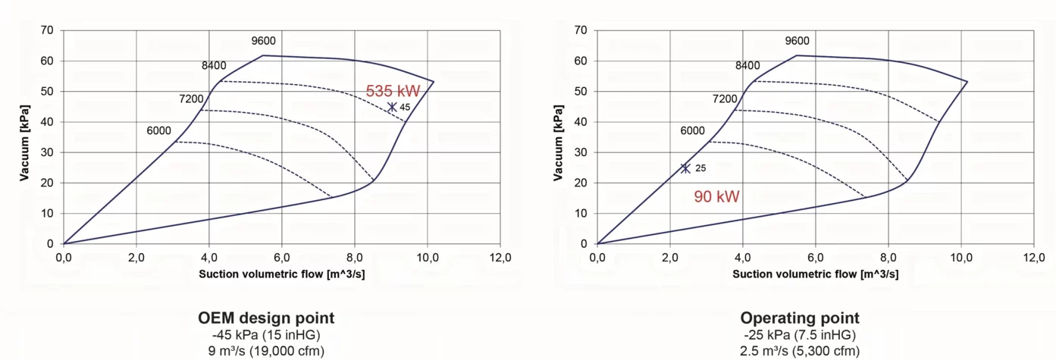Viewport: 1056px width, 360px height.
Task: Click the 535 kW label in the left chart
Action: click(x=393, y=91)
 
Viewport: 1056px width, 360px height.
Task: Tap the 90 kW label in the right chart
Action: click(x=716, y=196)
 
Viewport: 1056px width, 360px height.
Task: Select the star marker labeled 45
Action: click(x=392, y=107)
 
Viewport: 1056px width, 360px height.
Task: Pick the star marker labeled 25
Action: click(x=685, y=168)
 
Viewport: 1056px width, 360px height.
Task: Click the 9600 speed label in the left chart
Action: click(x=264, y=41)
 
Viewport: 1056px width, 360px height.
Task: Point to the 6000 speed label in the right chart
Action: click(x=693, y=130)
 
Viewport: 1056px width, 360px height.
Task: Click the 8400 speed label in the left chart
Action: click(x=214, y=65)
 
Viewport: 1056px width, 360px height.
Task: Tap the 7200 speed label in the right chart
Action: click(x=725, y=99)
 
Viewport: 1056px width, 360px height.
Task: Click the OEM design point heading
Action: click(x=266, y=318)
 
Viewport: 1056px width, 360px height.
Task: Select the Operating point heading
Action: click(x=800, y=318)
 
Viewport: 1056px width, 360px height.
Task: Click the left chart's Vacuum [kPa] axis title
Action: click(x=24, y=142)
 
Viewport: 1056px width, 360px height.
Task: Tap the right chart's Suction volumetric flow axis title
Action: click(x=816, y=274)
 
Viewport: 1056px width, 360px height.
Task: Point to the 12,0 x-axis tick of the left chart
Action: click(x=500, y=258)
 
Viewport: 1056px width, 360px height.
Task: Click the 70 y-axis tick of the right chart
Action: click(x=581, y=30)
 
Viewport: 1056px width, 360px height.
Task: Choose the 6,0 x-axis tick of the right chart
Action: click(x=816, y=258)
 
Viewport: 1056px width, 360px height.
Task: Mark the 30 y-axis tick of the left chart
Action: click(x=47, y=152)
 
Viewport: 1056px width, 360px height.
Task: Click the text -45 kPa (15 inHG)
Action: click(x=266, y=335)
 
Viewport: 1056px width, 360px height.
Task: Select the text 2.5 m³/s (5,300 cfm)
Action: click(x=800, y=351)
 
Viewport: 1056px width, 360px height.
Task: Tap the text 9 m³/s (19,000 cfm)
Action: click(x=266, y=351)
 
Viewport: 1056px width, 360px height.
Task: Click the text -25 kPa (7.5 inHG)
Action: click(x=800, y=335)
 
